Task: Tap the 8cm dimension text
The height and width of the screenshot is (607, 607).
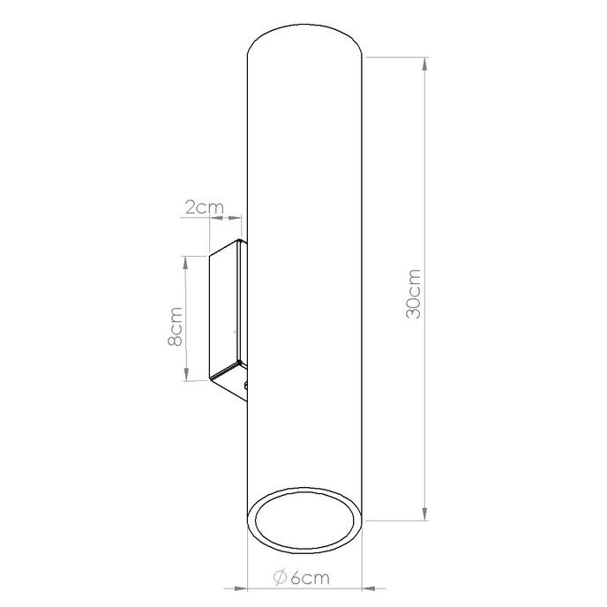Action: coord(176,326)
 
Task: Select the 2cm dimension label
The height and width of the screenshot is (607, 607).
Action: coord(203,208)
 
